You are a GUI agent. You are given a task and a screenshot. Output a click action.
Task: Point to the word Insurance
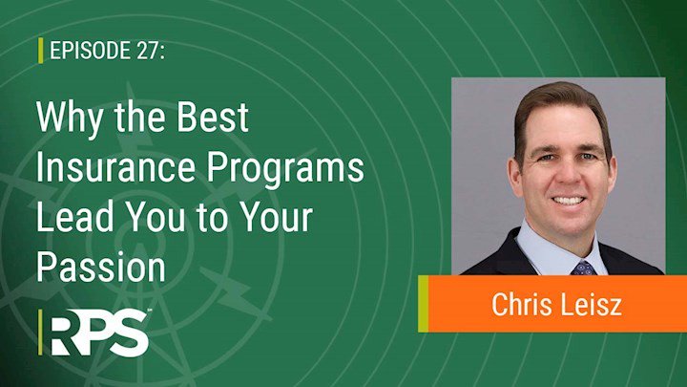click(115, 167)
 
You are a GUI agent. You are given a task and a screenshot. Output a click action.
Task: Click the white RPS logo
click(100, 333)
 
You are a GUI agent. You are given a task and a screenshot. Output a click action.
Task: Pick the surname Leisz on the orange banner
click(591, 304)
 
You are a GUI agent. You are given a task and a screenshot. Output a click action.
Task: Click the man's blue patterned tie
click(583, 269)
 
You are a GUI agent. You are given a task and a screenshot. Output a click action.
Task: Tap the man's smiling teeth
click(568, 201)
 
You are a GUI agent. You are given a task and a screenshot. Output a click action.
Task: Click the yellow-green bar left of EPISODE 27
click(41, 51)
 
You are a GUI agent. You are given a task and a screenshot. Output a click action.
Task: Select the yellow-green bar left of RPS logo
click(40, 333)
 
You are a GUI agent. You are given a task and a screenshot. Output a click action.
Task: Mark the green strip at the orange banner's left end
click(424, 304)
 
